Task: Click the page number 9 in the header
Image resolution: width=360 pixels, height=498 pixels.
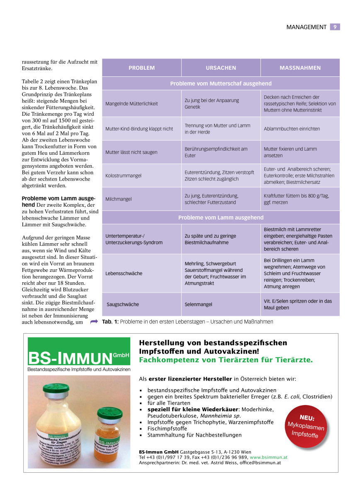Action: coord(335,27)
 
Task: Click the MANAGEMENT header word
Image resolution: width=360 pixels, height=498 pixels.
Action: coord(306,27)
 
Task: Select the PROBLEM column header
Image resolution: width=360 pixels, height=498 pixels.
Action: coord(141,68)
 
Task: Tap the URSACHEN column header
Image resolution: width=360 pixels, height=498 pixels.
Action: coord(221,68)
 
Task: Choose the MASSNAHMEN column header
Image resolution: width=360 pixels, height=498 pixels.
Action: coord(300,68)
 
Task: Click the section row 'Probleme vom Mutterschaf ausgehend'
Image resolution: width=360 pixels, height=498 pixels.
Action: coord(221,83)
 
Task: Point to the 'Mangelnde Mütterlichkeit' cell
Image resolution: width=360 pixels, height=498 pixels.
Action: coord(131,103)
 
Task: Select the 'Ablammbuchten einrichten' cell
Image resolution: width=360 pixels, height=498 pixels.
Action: coord(292,129)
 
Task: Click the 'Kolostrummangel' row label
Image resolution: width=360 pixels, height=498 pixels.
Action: coord(123,176)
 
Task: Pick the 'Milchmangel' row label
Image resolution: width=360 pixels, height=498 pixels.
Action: coord(119,199)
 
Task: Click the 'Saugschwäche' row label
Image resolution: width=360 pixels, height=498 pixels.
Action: coord(123,304)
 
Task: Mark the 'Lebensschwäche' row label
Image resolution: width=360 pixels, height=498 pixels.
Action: coord(124,273)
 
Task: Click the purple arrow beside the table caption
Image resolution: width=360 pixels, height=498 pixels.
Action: coord(94,321)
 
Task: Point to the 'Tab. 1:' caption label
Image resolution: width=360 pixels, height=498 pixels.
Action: coord(110,321)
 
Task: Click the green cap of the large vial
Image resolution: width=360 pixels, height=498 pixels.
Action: coord(57,391)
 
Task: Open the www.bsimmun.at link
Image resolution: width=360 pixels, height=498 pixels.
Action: coord(270,457)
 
